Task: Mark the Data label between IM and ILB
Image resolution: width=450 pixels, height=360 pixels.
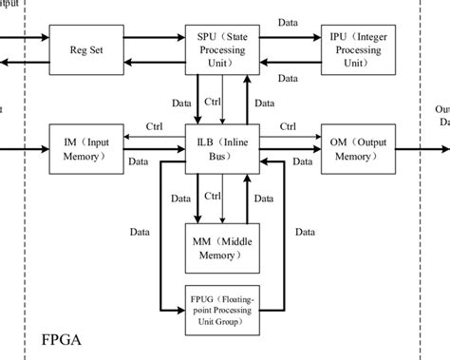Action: [155, 161]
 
